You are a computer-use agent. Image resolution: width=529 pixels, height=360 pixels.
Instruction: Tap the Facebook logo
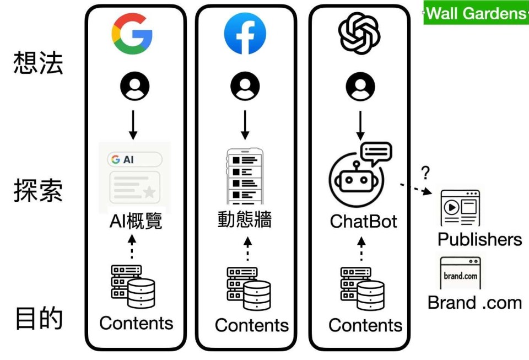coord(245,33)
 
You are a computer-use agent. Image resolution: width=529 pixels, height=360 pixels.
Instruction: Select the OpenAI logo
coord(359,33)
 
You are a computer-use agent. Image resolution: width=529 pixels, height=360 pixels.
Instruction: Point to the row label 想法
coord(38,63)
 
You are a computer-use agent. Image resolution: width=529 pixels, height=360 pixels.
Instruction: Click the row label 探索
coord(38,190)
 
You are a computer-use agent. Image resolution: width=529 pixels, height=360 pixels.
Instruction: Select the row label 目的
coord(38,319)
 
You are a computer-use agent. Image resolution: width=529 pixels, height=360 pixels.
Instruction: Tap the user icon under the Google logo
coord(134,87)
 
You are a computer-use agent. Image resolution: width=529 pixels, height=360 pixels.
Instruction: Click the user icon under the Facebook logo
coord(245,87)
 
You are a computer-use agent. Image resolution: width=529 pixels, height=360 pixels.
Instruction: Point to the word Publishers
coord(479,239)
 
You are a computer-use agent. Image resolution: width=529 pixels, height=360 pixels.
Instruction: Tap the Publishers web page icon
coord(460,208)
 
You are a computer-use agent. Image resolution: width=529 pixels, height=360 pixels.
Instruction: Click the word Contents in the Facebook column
coord(251,325)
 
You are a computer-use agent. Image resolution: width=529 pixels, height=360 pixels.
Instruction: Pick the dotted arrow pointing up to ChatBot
coord(361,249)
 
